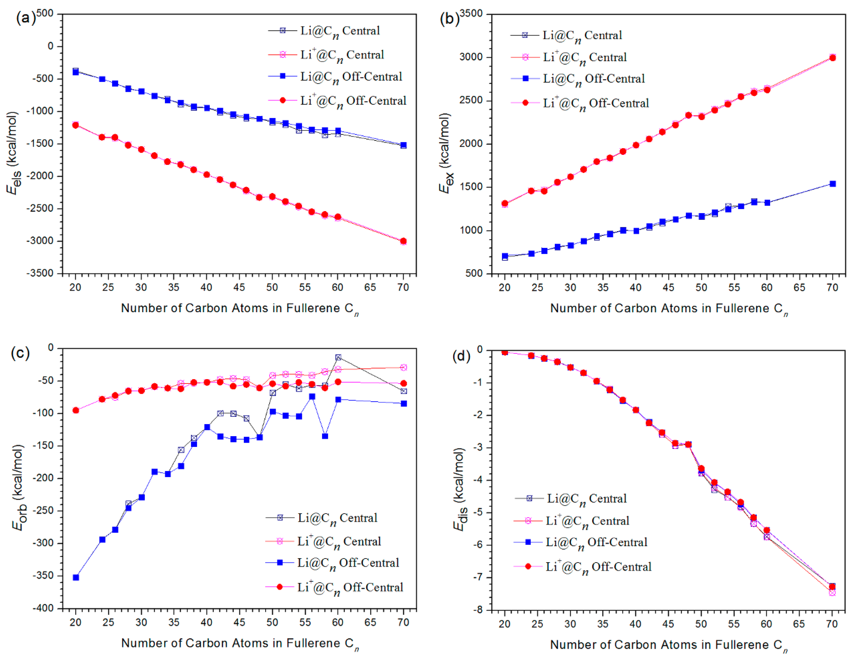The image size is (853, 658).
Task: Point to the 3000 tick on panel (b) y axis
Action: [471, 57]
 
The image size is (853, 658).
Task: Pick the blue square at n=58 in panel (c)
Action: [325, 436]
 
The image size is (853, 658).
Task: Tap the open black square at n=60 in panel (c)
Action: [338, 357]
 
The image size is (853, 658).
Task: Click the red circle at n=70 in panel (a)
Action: [403, 241]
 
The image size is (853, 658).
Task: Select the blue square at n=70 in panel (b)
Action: [833, 184]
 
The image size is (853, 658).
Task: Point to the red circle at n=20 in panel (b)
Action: [505, 203]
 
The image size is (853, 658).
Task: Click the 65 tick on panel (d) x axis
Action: [799, 624]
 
